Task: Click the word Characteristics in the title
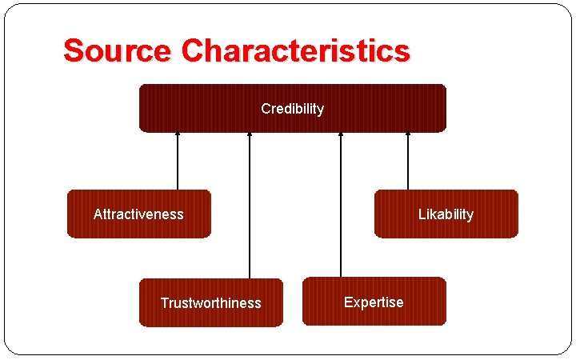295,51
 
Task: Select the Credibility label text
293,109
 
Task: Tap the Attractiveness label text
138,214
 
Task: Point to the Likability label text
446,214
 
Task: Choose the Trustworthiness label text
210,303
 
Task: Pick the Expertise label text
374,302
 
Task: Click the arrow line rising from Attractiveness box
178,164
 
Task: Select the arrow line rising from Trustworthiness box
250,208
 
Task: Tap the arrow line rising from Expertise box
341,208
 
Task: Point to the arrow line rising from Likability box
408,164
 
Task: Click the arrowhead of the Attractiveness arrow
178,134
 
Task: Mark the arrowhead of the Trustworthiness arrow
250,134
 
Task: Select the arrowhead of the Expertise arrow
341,134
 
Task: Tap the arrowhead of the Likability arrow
408,134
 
